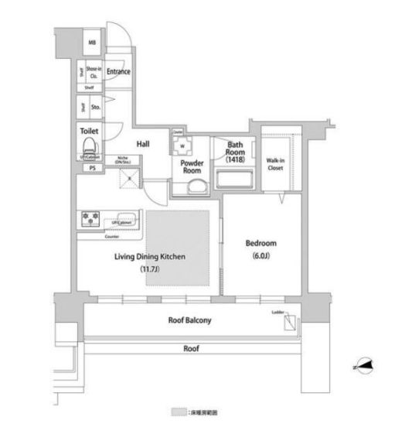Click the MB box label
90,43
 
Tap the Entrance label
117,73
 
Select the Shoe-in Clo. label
92,72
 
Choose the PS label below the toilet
91,168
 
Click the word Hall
143,144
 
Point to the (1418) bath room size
235,159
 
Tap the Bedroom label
260,243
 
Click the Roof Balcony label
190,320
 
